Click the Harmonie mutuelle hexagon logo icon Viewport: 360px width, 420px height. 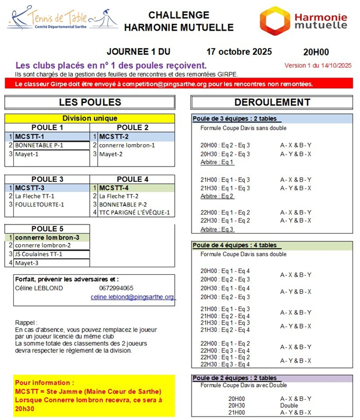tap(274, 20)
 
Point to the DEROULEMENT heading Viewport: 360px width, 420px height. tap(269, 102)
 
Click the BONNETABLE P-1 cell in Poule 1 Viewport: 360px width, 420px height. tap(39, 145)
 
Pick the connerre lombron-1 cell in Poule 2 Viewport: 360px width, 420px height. tap(127, 145)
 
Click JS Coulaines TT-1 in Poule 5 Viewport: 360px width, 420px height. tap(39, 254)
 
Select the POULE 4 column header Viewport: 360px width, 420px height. tap(133, 179)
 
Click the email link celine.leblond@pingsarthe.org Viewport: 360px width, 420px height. tap(133, 297)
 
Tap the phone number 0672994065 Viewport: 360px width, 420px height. tap(116, 288)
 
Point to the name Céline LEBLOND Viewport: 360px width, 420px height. tap(39, 288)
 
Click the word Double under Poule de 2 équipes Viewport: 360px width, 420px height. tap(289, 405)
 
